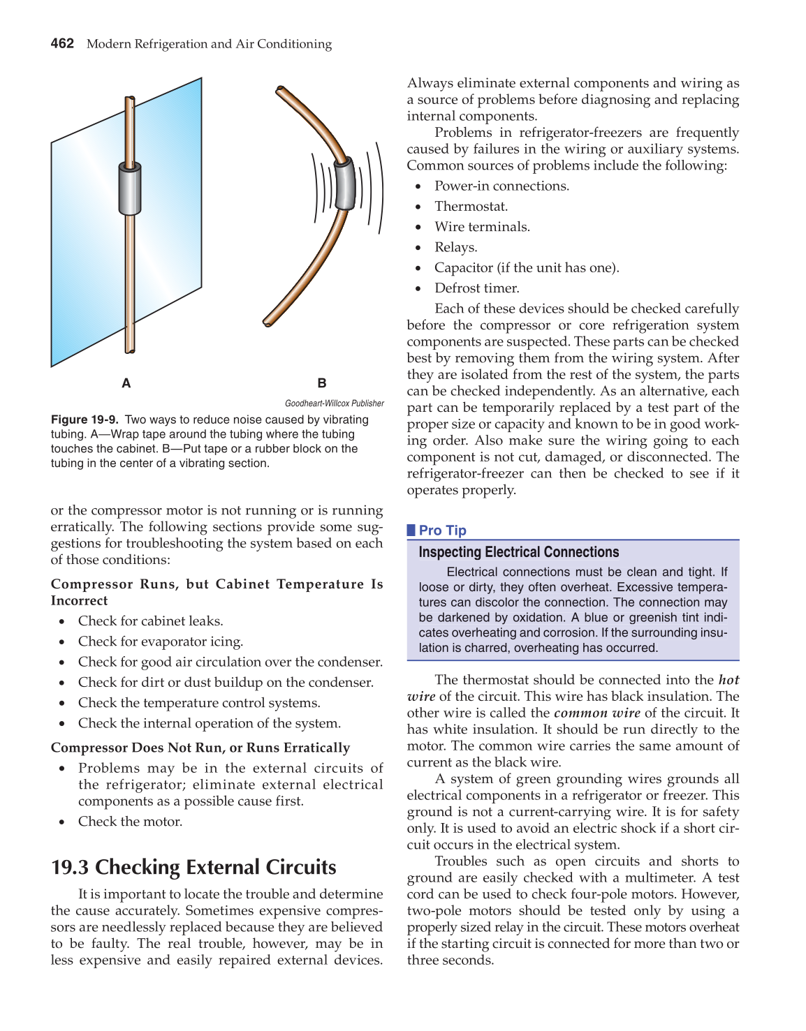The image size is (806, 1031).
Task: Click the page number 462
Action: point(62,43)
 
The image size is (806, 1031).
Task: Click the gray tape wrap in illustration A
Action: point(129,189)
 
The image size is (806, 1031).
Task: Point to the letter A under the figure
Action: point(126,383)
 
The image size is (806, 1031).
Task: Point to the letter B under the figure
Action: point(322,383)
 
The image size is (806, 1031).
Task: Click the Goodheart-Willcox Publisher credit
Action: point(334,403)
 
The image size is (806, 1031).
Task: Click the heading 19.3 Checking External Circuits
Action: point(193,867)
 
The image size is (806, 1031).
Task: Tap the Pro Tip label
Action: point(442,531)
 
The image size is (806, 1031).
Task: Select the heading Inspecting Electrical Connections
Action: point(518,552)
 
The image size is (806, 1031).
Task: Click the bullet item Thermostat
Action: point(471,206)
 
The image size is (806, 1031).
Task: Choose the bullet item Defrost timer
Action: point(476,288)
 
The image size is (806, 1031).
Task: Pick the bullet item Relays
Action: point(455,247)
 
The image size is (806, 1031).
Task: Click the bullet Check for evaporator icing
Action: point(160,641)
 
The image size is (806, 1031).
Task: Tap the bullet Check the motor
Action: point(130,821)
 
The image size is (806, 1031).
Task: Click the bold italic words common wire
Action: point(596,713)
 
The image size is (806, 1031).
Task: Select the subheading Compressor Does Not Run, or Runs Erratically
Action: point(200,748)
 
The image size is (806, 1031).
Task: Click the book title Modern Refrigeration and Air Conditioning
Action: point(209,44)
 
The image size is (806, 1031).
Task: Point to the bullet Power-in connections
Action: point(501,186)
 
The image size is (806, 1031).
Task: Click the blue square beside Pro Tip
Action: point(411,531)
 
